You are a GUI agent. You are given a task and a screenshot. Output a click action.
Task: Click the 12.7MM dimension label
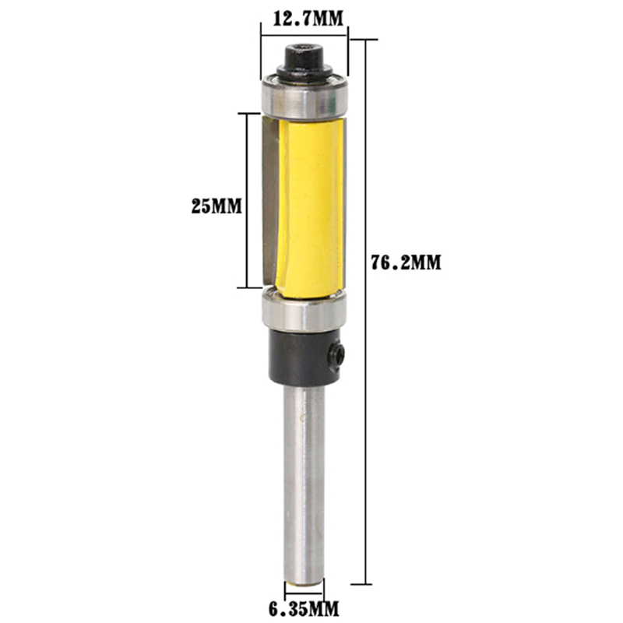tap(308, 18)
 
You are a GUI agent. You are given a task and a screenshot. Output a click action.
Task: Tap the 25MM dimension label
tap(216, 206)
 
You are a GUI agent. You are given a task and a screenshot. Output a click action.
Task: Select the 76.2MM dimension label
tap(406, 262)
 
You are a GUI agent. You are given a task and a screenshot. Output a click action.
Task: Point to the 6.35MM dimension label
tap(304, 608)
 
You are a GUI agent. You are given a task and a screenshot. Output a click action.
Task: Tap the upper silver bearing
tap(304, 97)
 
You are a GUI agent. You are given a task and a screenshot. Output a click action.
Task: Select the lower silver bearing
tap(304, 311)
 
